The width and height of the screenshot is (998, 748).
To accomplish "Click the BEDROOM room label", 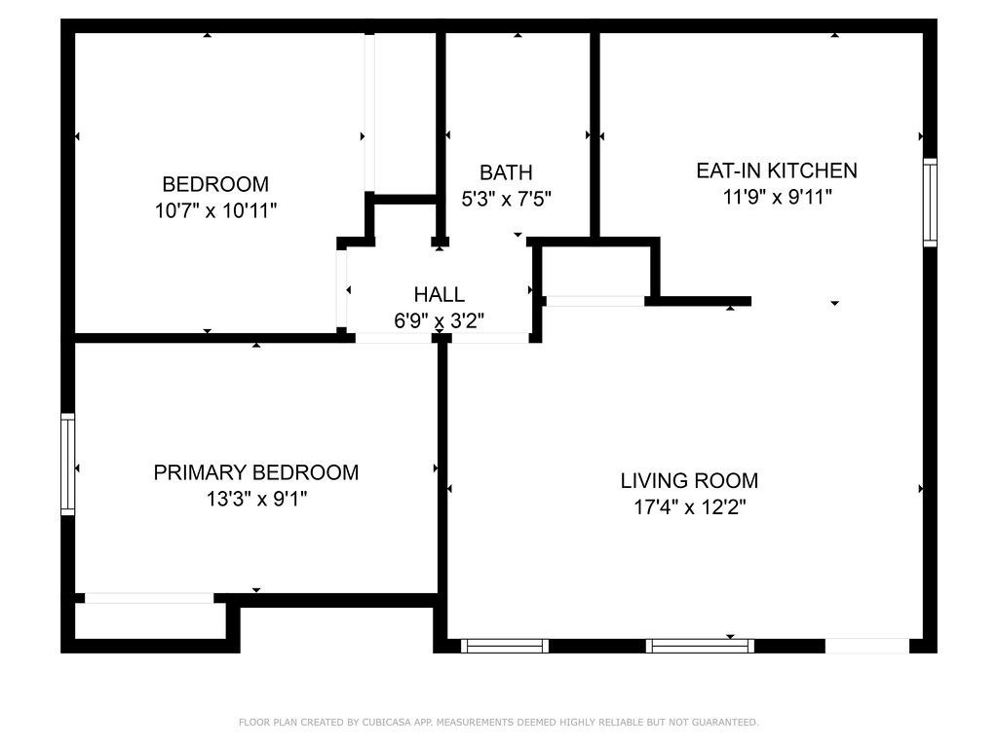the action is [x=215, y=184].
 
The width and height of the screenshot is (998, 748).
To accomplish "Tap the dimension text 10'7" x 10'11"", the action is [x=215, y=210].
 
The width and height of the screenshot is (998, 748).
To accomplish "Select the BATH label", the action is [x=506, y=172].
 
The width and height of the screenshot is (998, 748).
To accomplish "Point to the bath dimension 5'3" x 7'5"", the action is [x=506, y=199].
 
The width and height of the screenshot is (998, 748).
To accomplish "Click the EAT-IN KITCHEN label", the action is [x=777, y=170].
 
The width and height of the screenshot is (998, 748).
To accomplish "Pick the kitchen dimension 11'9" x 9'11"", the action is [x=777, y=197].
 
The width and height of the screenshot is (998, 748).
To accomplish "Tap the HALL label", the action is [x=440, y=294].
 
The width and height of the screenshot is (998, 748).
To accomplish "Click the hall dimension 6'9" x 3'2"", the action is [x=440, y=320].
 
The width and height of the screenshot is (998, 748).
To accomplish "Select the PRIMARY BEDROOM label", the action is [x=256, y=472].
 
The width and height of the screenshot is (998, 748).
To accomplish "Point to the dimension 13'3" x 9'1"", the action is [x=256, y=499].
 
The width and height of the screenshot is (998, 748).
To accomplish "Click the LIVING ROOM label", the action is [x=689, y=481].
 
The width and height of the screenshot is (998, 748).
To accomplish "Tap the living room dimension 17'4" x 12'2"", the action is [x=690, y=506].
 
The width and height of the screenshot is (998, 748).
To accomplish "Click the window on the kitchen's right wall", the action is [x=930, y=203].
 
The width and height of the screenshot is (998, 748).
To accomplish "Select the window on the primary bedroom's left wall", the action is [x=67, y=465].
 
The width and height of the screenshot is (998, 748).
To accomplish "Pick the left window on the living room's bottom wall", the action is [x=505, y=647].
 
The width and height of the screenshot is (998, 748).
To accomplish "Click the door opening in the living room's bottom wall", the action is [x=866, y=647].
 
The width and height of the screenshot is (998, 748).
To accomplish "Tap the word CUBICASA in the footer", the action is [x=386, y=722].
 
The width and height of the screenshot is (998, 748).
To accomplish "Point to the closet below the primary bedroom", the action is [x=150, y=620].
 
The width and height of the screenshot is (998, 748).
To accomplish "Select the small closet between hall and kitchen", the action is [x=595, y=271].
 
